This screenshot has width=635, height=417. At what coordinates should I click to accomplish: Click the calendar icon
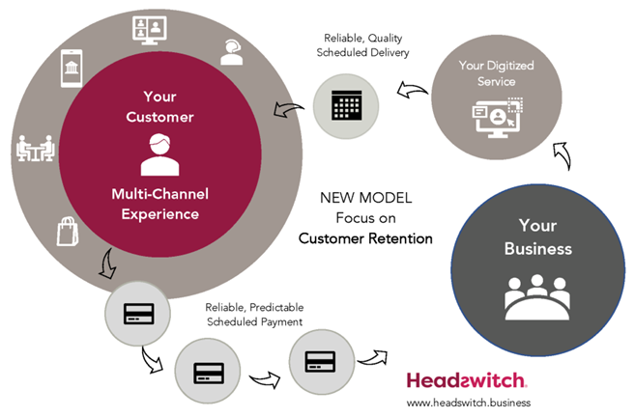coord(345,102)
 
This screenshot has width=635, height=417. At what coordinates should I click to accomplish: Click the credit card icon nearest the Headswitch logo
coord(319,363)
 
